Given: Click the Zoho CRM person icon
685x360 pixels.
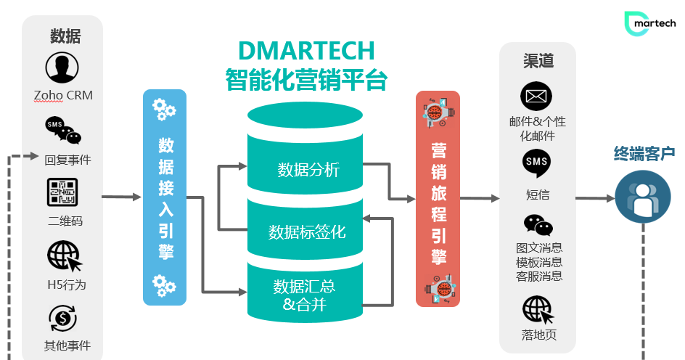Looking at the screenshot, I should pyautogui.click(x=62, y=67).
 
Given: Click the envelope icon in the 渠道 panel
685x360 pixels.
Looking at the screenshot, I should pyautogui.click(x=536, y=97).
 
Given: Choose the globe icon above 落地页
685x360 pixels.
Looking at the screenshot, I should pyautogui.click(x=538, y=310).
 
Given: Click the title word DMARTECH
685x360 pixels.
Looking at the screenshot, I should pyautogui.click(x=306, y=51).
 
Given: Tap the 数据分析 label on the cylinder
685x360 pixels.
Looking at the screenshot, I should pyautogui.click(x=308, y=171).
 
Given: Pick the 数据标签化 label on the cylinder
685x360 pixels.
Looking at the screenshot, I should pyautogui.click(x=307, y=232).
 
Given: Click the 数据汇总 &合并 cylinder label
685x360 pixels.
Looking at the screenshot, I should pyautogui.click(x=305, y=295).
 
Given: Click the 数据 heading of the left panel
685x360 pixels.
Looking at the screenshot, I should pyautogui.click(x=65, y=36).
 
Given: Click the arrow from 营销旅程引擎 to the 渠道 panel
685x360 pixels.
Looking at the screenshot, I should pyautogui.click(x=480, y=197).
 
